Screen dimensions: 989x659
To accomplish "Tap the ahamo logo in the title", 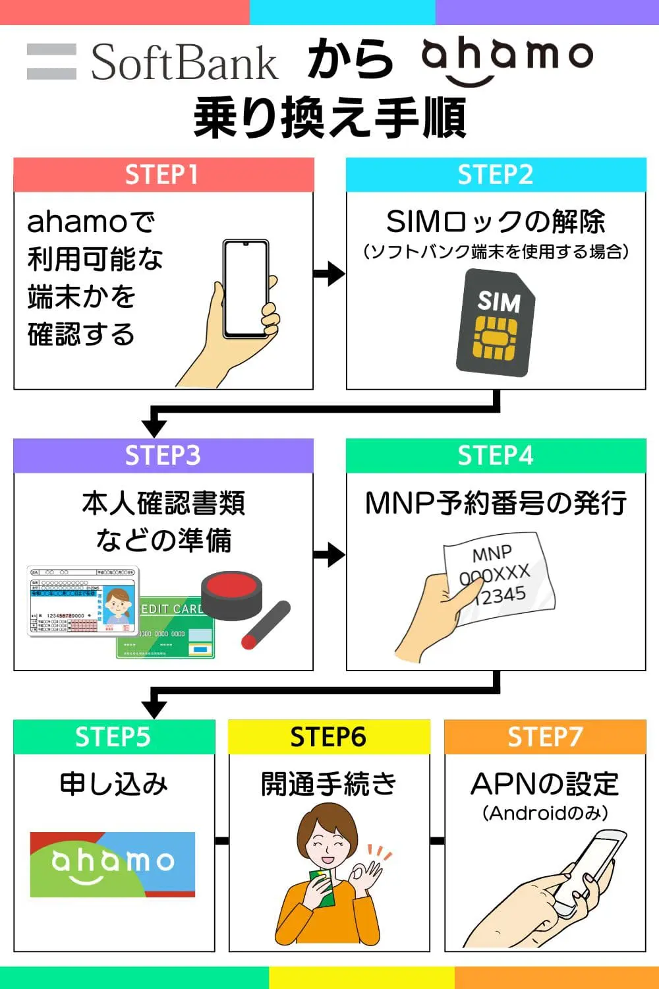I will coord(507,59).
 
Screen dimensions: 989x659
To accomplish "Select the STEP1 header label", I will coord(163,175).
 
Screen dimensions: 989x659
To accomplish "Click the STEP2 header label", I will coord(496,175).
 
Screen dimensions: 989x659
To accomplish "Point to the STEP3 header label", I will coord(163,456).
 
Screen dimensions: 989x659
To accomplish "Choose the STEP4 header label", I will coord(496,456).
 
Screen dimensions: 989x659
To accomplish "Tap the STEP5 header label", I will coord(113,736).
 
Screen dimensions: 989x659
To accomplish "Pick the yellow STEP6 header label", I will coord(328,736).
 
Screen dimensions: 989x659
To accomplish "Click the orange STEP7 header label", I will coord(545,736).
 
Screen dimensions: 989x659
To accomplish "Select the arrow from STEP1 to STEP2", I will coord(329,273).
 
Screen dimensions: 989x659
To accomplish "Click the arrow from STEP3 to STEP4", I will coord(329,555).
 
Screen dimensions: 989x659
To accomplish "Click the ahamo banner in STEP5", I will coord(113,864).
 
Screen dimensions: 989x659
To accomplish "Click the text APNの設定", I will coord(545,785).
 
